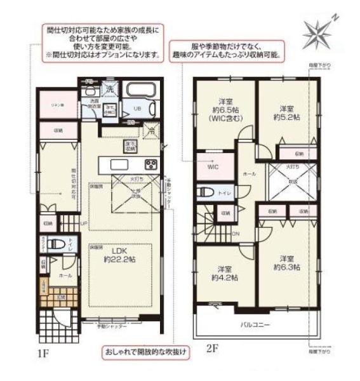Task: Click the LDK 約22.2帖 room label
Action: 119,255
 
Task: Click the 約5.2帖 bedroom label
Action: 286,112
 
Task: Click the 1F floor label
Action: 43,352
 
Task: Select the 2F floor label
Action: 213,349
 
